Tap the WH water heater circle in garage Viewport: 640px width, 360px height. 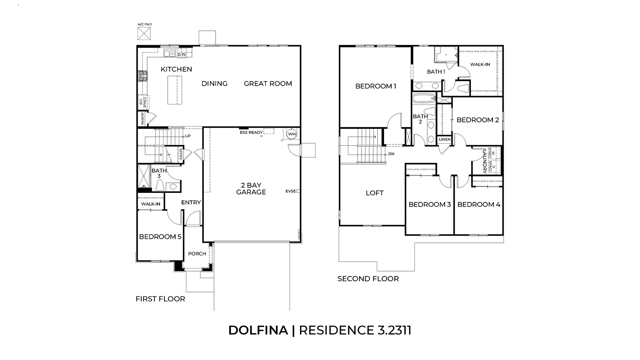coord(291,134)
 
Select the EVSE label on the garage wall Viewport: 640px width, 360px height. coord(291,191)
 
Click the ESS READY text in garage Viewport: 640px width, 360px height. coord(251,132)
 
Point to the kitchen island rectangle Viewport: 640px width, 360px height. coord(174,90)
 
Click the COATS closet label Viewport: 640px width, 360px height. coord(181,154)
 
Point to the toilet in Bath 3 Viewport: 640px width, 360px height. coord(160,186)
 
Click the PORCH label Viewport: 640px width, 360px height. coord(197,254)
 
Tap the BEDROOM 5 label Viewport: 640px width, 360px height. coord(160,237)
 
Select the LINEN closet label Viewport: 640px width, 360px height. coord(444,140)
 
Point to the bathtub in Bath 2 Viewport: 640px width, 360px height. coord(424,98)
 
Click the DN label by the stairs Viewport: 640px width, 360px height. coord(392,154)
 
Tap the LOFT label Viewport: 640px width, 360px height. coord(374,193)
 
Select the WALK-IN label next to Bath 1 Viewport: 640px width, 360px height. coord(480,64)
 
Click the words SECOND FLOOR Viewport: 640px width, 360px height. coord(368,279)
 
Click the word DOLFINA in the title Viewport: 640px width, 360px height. coord(258,330)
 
